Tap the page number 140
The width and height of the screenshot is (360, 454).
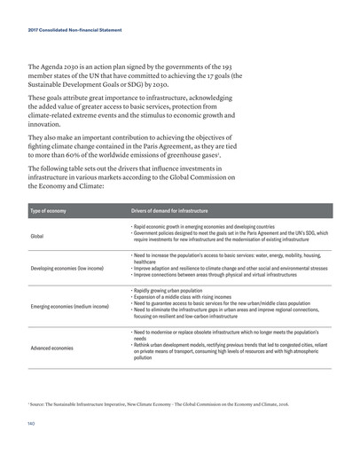31,434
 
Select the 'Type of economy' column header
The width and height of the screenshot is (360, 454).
49,211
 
